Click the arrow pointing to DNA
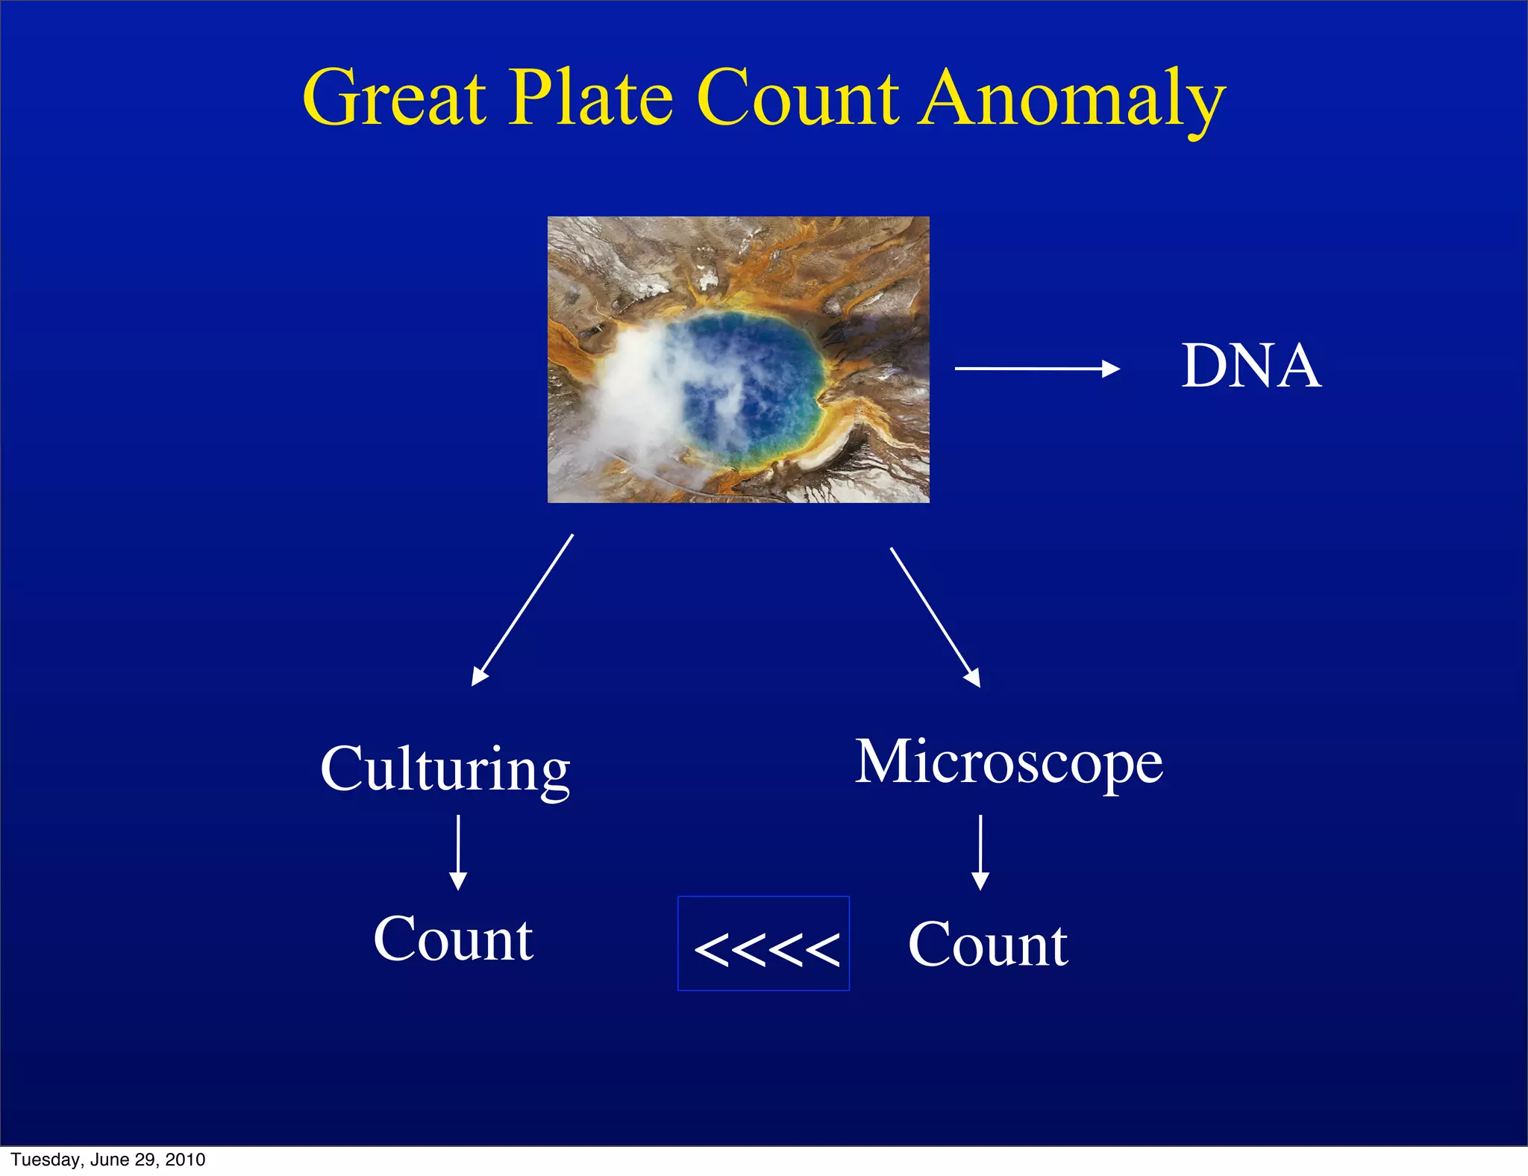pos(1036,368)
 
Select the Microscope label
pos(1009,763)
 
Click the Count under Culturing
pos(453,939)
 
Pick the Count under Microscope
pos(988,945)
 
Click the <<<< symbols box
pos(763,944)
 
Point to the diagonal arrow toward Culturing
pos(522,610)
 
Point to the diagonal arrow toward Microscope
pos(935,617)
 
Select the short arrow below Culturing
pos(458,852)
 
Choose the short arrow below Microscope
pos(980,852)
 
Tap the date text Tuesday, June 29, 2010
pos(108,1160)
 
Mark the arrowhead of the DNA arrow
pos(1112,368)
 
